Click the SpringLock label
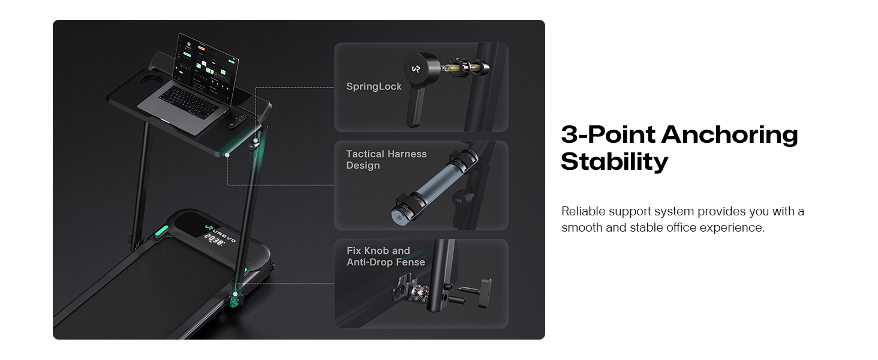(374, 86)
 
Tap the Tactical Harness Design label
(386, 160)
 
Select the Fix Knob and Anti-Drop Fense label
(386, 256)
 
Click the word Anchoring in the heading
(729, 135)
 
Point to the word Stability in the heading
(614, 162)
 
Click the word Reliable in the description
(584, 211)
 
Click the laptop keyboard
(188, 101)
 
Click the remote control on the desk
(236, 122)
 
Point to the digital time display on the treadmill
(214, 239)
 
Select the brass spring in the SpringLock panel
(452, 67)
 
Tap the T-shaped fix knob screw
(476, 292)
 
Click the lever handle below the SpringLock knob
(415, 106)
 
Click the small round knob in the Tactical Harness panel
(461, 200)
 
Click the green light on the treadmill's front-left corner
(161, 232)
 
